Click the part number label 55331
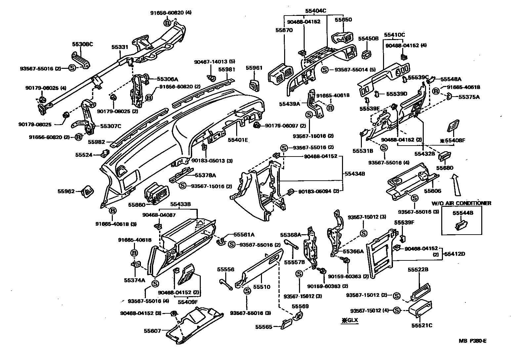[x=119, y=47]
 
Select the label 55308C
[x=82, y=44]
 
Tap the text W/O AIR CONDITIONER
[x=461, y=203]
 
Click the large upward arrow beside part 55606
[x=456, y=185]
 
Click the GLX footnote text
[x=350, y=320]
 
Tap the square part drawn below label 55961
[x=254, y=85]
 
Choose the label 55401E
[x=237, y=140]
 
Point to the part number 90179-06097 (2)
[x=285, y=126]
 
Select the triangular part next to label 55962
[x=88, y=191]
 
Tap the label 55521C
[x=422, y=325]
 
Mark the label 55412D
[x=454, y=254]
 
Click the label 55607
[x=152, y=330]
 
